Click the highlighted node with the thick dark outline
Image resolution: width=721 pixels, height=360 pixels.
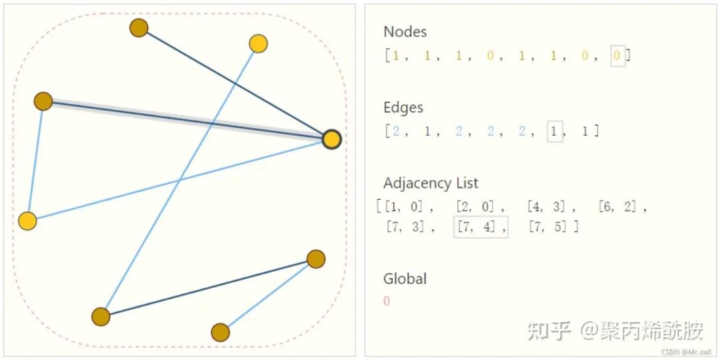click(331, 139)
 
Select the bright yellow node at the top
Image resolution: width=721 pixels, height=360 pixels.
click(258, 43)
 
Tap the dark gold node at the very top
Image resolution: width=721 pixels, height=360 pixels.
click(138, 28)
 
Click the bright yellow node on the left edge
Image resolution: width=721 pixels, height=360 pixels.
click(27, 221)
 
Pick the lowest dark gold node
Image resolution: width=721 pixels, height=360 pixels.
click(220, 332)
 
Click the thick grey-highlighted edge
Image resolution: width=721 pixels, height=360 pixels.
click(187, 120)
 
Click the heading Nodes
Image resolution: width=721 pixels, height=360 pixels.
click(405, 31)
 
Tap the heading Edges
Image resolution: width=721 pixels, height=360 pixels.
click(403, 108)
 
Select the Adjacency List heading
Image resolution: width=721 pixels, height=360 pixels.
click(431, 183)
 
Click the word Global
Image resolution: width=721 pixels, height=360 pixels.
click(405, 279)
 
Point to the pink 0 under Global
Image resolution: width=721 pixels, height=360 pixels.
click(387, 301)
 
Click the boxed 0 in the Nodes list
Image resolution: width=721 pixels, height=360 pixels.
click(618, 56)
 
